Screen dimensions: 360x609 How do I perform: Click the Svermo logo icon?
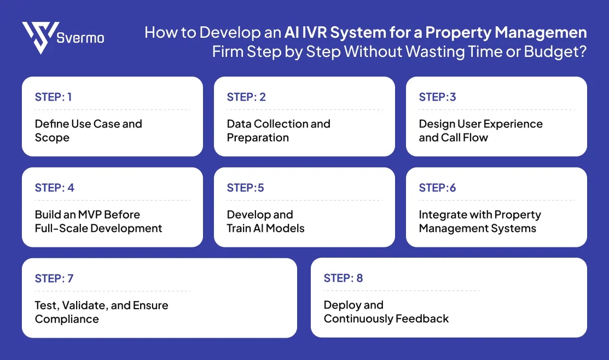[x=40, y=37]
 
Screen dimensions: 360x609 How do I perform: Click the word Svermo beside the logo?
[x=80, y=38]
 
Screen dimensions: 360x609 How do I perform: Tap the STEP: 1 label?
[x=53, y=97]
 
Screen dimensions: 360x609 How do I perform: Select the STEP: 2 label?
[x=246, y=97]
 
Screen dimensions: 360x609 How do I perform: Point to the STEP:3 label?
[x=437, y=97]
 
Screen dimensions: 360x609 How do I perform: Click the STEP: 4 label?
[x=54, y=188]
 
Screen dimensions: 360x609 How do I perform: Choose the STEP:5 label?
[x=245, y=188]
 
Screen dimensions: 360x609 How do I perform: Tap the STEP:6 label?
[x=437, y=188]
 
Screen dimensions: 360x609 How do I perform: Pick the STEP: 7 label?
[x=54, y=278]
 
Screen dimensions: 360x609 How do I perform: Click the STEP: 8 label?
[x=343, y=278]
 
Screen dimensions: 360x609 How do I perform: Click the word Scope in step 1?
[x=52, y=138]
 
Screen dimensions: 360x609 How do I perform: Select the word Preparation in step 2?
[x=258, y=138]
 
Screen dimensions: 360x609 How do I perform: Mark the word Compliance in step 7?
[x=67, y=319]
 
